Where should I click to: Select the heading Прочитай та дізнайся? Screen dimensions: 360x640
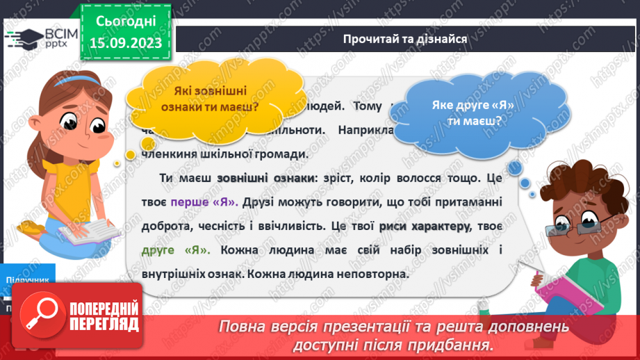[x=404, y=38]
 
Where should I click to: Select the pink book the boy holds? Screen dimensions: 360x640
[x=559, y=288]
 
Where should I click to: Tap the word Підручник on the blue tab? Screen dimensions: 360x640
[x=26, y=279]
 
